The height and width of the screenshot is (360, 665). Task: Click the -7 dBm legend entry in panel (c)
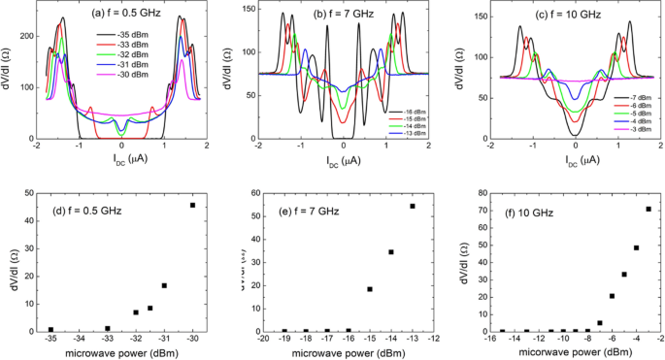(x=636, y=45)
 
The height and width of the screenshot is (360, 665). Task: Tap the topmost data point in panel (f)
(x=648, y=209)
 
